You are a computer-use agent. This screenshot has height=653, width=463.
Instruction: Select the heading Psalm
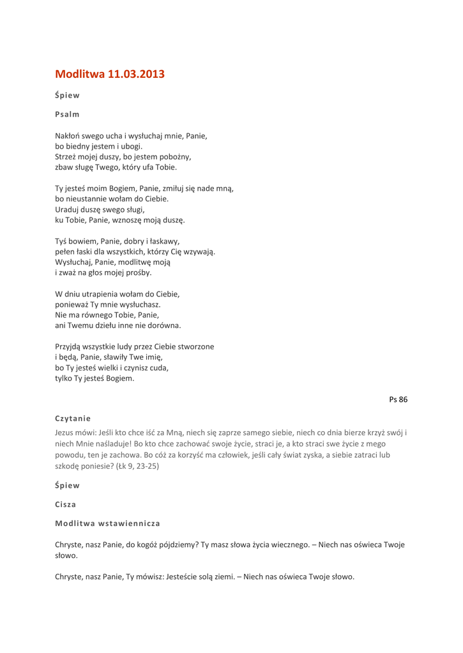[67, 114]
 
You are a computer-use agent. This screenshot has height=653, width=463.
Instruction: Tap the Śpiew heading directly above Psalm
[67, 96]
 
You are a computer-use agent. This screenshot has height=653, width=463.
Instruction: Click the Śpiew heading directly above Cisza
[67, 485]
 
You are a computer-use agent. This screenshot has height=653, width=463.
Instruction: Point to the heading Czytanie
[73, 418]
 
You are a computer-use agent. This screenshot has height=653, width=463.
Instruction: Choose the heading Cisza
[66, 504]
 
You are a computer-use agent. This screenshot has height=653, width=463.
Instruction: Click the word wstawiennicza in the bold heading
[129, 523]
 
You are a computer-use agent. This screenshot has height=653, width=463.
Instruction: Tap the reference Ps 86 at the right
[398, 399]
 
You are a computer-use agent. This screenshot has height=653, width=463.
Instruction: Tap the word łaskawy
[163, 241]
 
